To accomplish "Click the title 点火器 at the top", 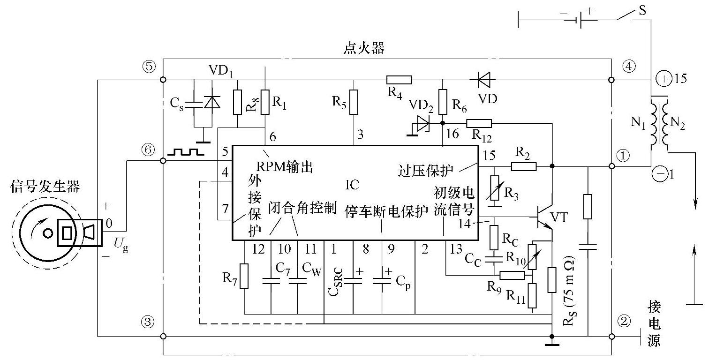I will point(364,49).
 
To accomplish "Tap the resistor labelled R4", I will point(399,80).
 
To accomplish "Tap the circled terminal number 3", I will point(148,322).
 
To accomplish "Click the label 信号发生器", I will point(45,188).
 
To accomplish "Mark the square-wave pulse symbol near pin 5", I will point(185,152).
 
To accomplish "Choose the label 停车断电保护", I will point(386,210).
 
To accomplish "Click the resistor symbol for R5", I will point(354,103).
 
